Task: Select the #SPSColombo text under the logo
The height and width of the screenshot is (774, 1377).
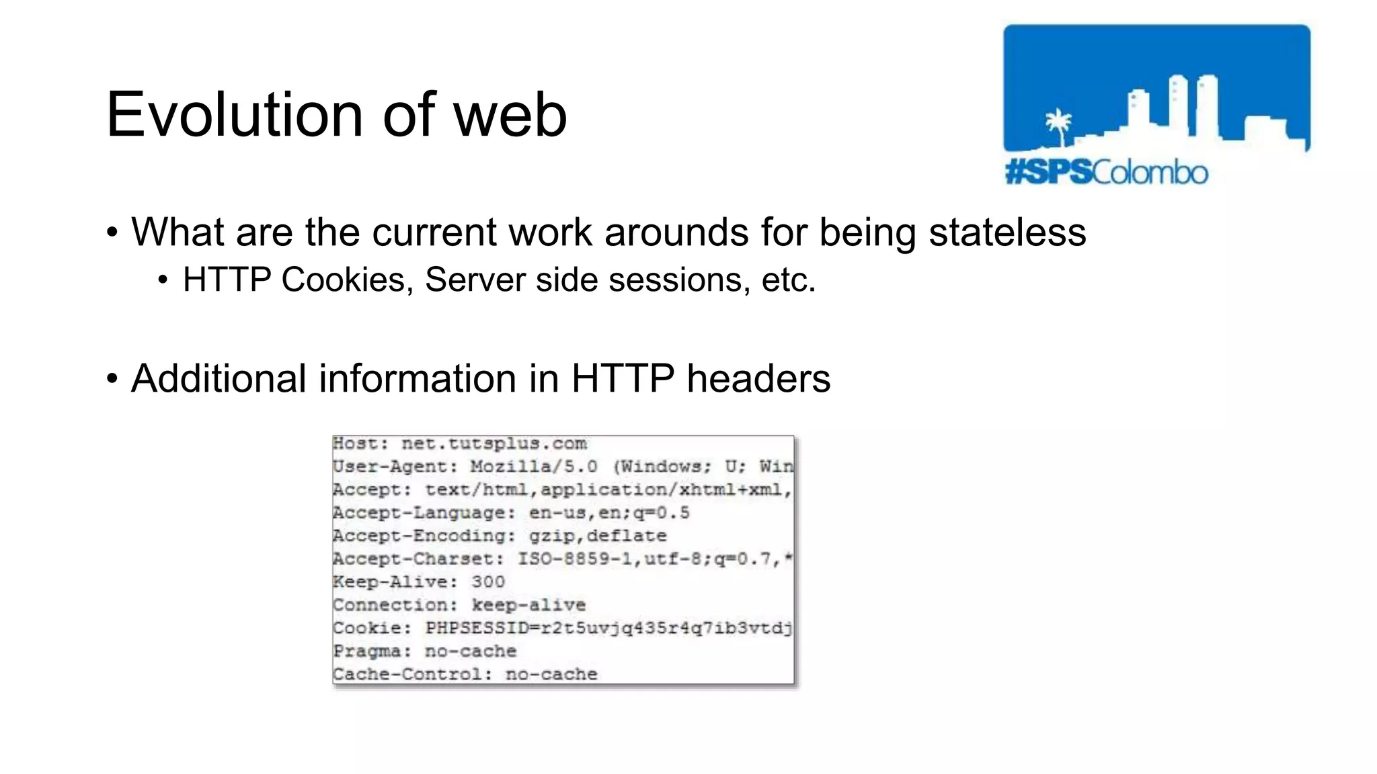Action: [1107, 173]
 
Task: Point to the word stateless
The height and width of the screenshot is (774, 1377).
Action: [1007, 232]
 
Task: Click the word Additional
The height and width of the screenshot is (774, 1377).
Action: [219, 378]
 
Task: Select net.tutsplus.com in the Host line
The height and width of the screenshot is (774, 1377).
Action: [494, 444]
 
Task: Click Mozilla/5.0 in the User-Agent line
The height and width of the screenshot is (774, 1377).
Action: [533, 467]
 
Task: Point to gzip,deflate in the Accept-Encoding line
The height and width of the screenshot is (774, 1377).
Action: [598, 536]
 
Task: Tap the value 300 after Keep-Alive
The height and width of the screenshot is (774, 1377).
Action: [487, 582]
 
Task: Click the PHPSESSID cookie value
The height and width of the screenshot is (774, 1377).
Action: [608, 628]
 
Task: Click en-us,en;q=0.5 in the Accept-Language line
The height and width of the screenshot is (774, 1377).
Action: [609, 513]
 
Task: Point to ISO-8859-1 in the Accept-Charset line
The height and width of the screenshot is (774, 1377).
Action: [574, 559]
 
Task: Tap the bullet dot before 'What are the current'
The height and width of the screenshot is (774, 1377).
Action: [112, 232]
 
